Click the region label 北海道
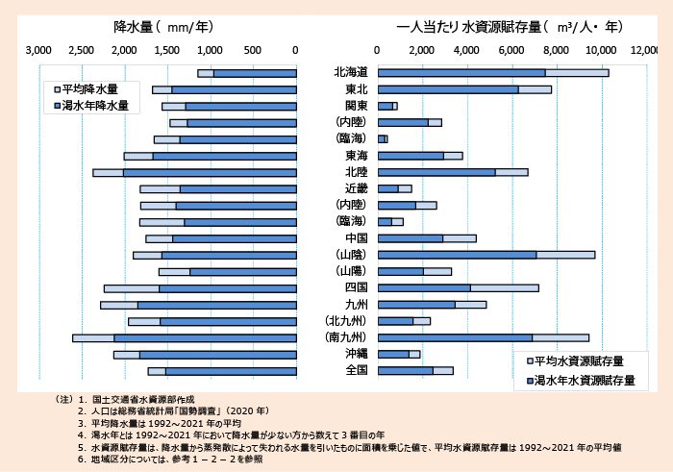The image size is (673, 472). [350, 73]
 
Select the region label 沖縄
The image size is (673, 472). [350, 354]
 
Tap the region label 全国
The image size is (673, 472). [350, 370]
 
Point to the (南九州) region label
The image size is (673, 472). [350, 337]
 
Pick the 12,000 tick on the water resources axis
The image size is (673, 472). [646, 50]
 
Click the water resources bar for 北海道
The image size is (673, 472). [461, 73]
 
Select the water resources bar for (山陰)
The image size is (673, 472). [457, 255]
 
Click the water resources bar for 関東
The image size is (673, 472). [386, 106]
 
